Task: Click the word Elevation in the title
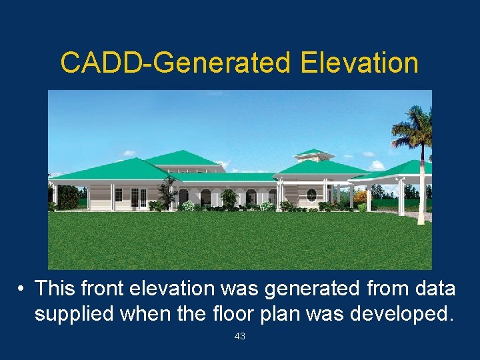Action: pos(359,63)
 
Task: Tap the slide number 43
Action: pos(240,337)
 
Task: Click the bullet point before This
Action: pos(22,289)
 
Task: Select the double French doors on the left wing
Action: pos(139,197)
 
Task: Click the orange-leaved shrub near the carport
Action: pos(361,197)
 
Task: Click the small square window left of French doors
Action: pos(119,195)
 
